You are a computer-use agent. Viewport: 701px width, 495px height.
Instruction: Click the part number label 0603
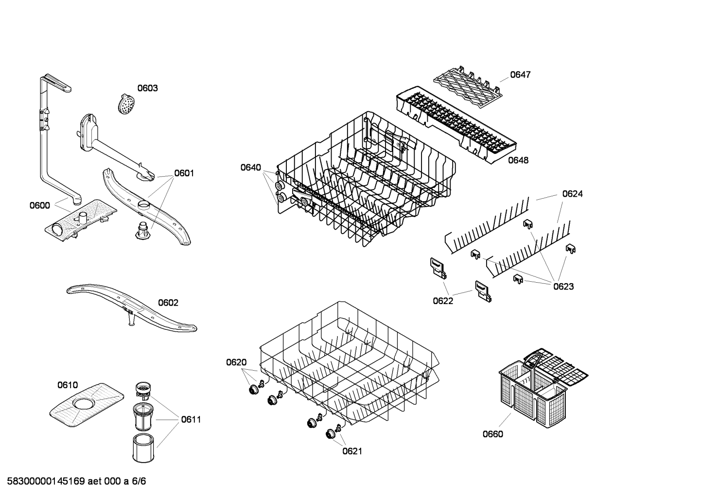148,88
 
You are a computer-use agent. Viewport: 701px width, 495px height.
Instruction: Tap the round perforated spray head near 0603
126,103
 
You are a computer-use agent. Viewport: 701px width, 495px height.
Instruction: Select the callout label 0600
40,205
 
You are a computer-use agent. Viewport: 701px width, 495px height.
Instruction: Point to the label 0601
184,173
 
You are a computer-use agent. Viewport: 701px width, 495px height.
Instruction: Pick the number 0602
168,303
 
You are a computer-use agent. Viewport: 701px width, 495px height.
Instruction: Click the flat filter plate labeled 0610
87,405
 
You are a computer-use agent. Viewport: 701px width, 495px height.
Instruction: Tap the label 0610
68,385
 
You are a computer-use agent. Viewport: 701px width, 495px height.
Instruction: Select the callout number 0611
191,419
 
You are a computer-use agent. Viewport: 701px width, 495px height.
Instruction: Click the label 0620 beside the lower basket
236,362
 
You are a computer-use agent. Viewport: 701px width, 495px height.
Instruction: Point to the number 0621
352,451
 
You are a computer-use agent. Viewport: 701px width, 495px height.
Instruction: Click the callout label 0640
251,168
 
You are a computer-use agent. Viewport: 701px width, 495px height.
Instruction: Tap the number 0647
521,75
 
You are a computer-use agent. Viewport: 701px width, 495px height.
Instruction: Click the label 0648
518,160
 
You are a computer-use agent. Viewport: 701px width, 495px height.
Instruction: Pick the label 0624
572,194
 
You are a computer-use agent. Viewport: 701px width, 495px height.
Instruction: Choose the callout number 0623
563,287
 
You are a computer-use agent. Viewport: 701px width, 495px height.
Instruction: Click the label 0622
443,301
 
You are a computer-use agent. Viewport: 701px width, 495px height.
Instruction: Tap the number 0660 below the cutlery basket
493,434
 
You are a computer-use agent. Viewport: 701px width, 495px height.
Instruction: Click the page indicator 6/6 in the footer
139,481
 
